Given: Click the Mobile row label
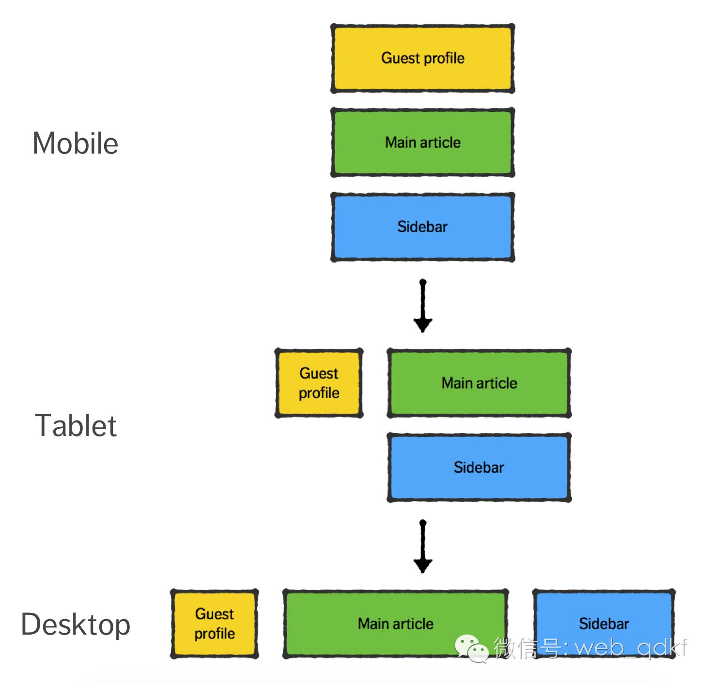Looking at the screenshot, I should coord(76,143).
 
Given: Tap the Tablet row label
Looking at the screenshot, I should coord(76,426).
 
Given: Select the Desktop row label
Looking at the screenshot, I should coord(76,624).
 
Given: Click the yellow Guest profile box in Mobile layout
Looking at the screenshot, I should coord(422,58).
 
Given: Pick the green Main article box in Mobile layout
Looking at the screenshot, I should coord(422,142).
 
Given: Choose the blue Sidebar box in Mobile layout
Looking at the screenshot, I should coord(422,227).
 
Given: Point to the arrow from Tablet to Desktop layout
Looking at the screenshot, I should coord(423,547).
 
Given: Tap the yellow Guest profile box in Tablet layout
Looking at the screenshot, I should coord(319,383).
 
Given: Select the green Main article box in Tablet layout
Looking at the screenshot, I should coord(479,383).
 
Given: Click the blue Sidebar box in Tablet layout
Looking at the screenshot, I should coord(479,467).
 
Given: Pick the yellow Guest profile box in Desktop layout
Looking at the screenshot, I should coord(215,623).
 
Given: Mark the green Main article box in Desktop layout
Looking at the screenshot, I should coord(395,623).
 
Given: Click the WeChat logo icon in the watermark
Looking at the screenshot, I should coord(470,648).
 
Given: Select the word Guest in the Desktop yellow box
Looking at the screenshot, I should coord(215,614).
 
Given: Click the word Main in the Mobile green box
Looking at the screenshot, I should coord(401,142).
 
